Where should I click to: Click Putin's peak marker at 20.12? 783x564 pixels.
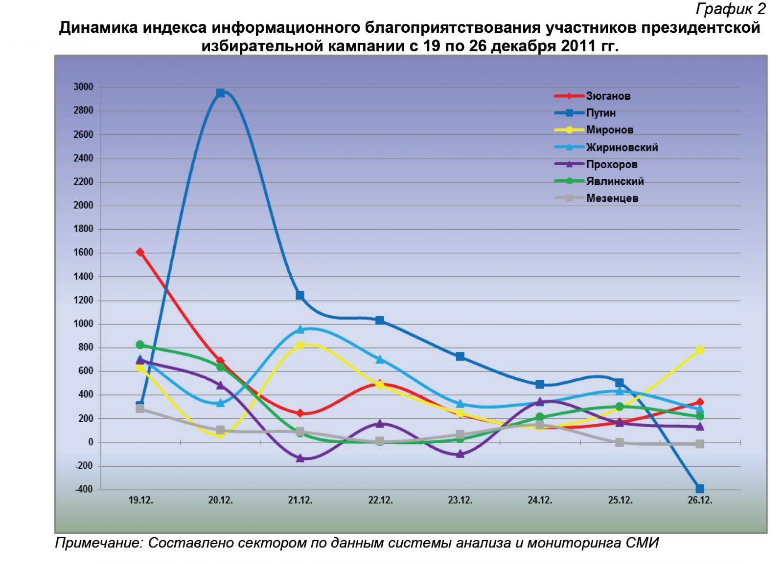pyautogui.click(x=220, y=93)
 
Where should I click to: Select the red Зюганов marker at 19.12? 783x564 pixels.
pyautogui.click(x=140, y=252)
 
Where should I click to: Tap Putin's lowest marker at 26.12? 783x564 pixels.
pyautogui.click(x=700, y=489)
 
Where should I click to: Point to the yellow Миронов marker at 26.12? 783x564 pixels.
pyautogui.click(x=700, y=350)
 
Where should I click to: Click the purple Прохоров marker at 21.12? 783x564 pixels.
pyautogui.click(x=300, y=458)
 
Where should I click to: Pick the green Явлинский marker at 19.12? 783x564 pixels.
pyautogui.click(x=140, y=345)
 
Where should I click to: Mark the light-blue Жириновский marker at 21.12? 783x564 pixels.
pyautogui.click(x=300, y=329)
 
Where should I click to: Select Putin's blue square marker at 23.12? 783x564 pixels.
pyautogui.click(x=460, y=356)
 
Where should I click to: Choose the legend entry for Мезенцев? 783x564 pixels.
pyautogui.click(x=612, y=198)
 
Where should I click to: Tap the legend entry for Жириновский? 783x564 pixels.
pyautogui.click(x=622, y=147)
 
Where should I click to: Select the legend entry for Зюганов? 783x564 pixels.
pyautogui.click(x=608, y=96)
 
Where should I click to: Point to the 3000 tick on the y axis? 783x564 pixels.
pyautogui.click(x=83, y=87)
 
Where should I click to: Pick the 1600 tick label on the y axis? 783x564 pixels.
pyautogui.click(x=83, y=253)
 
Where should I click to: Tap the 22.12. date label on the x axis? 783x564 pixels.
pyautogui.click(x=380, y=500)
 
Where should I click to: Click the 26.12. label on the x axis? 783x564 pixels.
pyautogui.click(x=700, y=500)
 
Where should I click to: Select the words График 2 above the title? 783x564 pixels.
pyautogui.click(x=730, y=9)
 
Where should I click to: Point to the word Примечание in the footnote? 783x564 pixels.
pyautogui.click(x=98, y=543)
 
